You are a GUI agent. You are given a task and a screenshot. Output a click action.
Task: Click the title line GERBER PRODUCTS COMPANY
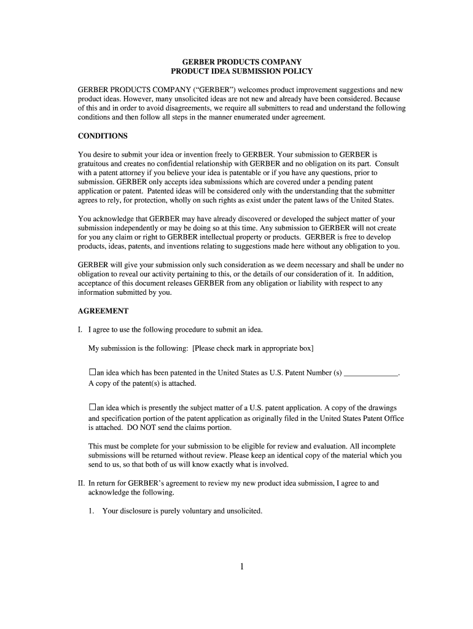[236, 62]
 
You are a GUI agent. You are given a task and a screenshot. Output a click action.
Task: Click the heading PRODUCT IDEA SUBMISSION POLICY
[236, 71]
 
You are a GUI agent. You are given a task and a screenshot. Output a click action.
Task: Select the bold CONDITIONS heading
[103, 136]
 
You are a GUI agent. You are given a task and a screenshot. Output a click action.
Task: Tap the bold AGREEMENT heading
[103, 311]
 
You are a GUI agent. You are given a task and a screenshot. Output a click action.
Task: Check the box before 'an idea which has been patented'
[92, 372]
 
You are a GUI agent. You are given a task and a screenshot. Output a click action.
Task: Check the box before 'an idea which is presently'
[92, 407]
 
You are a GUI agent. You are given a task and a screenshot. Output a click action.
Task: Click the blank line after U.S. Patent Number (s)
[371, 373]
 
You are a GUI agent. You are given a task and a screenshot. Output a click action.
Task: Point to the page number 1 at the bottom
[243, 566]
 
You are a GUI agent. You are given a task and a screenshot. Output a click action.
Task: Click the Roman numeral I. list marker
[80, 330]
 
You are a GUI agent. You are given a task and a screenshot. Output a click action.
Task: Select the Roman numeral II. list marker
[80, 483]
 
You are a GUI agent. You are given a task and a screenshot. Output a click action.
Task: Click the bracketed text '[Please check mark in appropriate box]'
[252, 348]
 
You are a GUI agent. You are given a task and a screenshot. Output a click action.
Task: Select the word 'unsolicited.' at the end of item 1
[244, 510]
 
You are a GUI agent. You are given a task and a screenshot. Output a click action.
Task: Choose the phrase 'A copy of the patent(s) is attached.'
[143, 383]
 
